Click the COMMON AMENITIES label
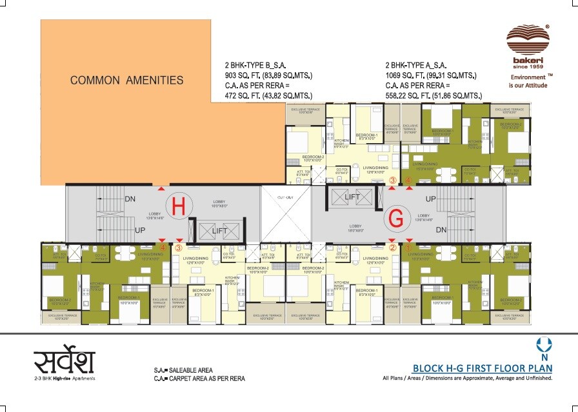[127, 81]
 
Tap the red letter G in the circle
[395, 220]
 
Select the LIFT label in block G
[352, 197]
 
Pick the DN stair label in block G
[442, 229]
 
